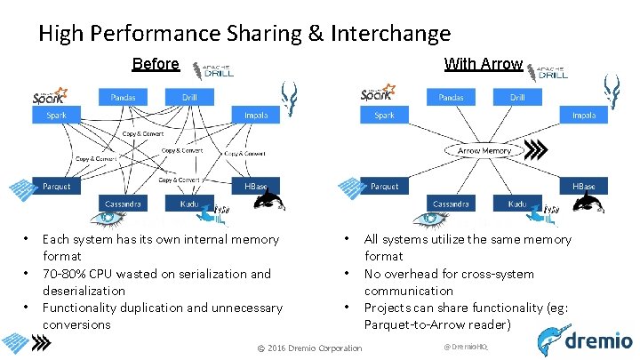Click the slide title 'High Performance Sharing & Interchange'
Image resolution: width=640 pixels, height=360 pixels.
coord(244,34)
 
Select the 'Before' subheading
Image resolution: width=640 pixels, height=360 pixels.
coord(156,64)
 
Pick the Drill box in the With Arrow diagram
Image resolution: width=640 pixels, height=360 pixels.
coord(517,97)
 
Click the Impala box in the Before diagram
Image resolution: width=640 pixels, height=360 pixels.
coord(256,116)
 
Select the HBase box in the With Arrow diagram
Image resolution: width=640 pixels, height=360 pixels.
coord(584,187)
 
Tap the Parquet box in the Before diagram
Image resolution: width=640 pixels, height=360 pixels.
coord(56,187)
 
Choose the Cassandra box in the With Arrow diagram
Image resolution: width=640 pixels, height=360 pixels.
coord(451,204)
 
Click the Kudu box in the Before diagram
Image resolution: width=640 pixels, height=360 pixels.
coord(189,204)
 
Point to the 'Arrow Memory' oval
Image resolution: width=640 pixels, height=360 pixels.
coord(484,150)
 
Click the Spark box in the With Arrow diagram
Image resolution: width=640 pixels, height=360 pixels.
coord(384,116)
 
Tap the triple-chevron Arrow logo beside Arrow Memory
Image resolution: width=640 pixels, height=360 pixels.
coord(537,149)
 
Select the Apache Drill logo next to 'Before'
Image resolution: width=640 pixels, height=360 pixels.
coord(217,71)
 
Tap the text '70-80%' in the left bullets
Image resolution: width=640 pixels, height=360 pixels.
coord(63,274)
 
